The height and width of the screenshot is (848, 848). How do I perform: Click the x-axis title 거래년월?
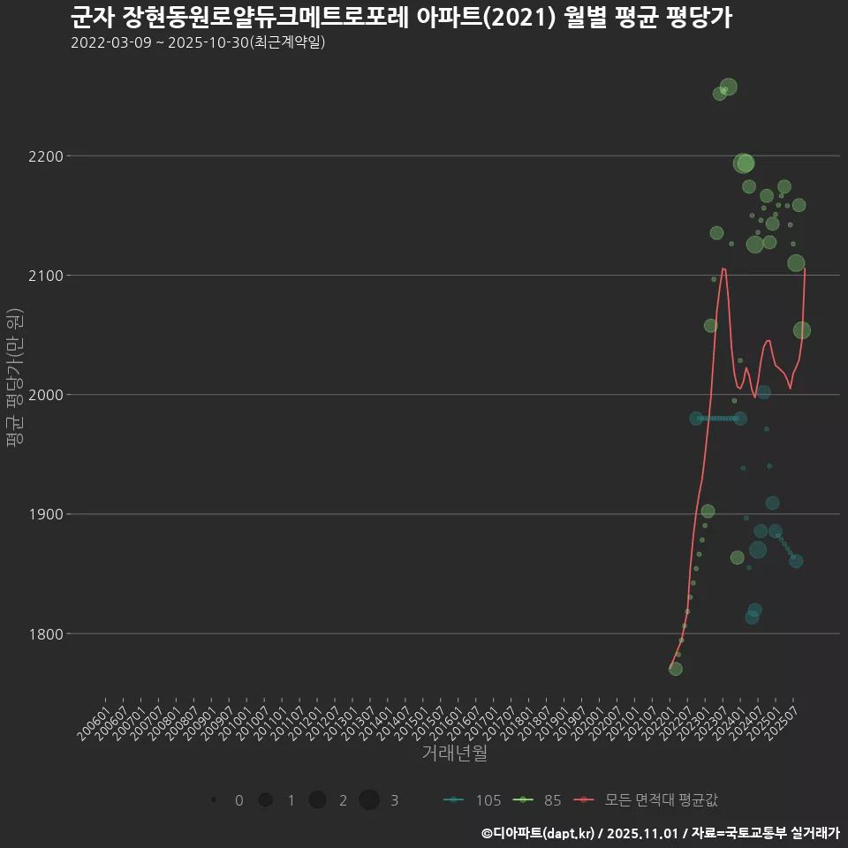tap(454, 753)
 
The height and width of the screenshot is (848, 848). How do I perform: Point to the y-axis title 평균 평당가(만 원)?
tap(14, 394)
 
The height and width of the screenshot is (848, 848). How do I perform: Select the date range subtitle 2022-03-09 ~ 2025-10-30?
tap(198, 42)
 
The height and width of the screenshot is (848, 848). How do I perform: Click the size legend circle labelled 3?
tap(369, 800)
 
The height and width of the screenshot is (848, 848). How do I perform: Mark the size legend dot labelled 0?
tap(214, 800)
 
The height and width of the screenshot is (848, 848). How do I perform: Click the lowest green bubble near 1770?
tap(676, 669)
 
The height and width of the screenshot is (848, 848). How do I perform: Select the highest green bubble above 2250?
tap(728, 87)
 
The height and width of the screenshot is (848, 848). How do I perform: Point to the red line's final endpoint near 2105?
tap(805, 269)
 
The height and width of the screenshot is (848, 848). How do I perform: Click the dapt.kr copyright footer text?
tap(660, 833)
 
